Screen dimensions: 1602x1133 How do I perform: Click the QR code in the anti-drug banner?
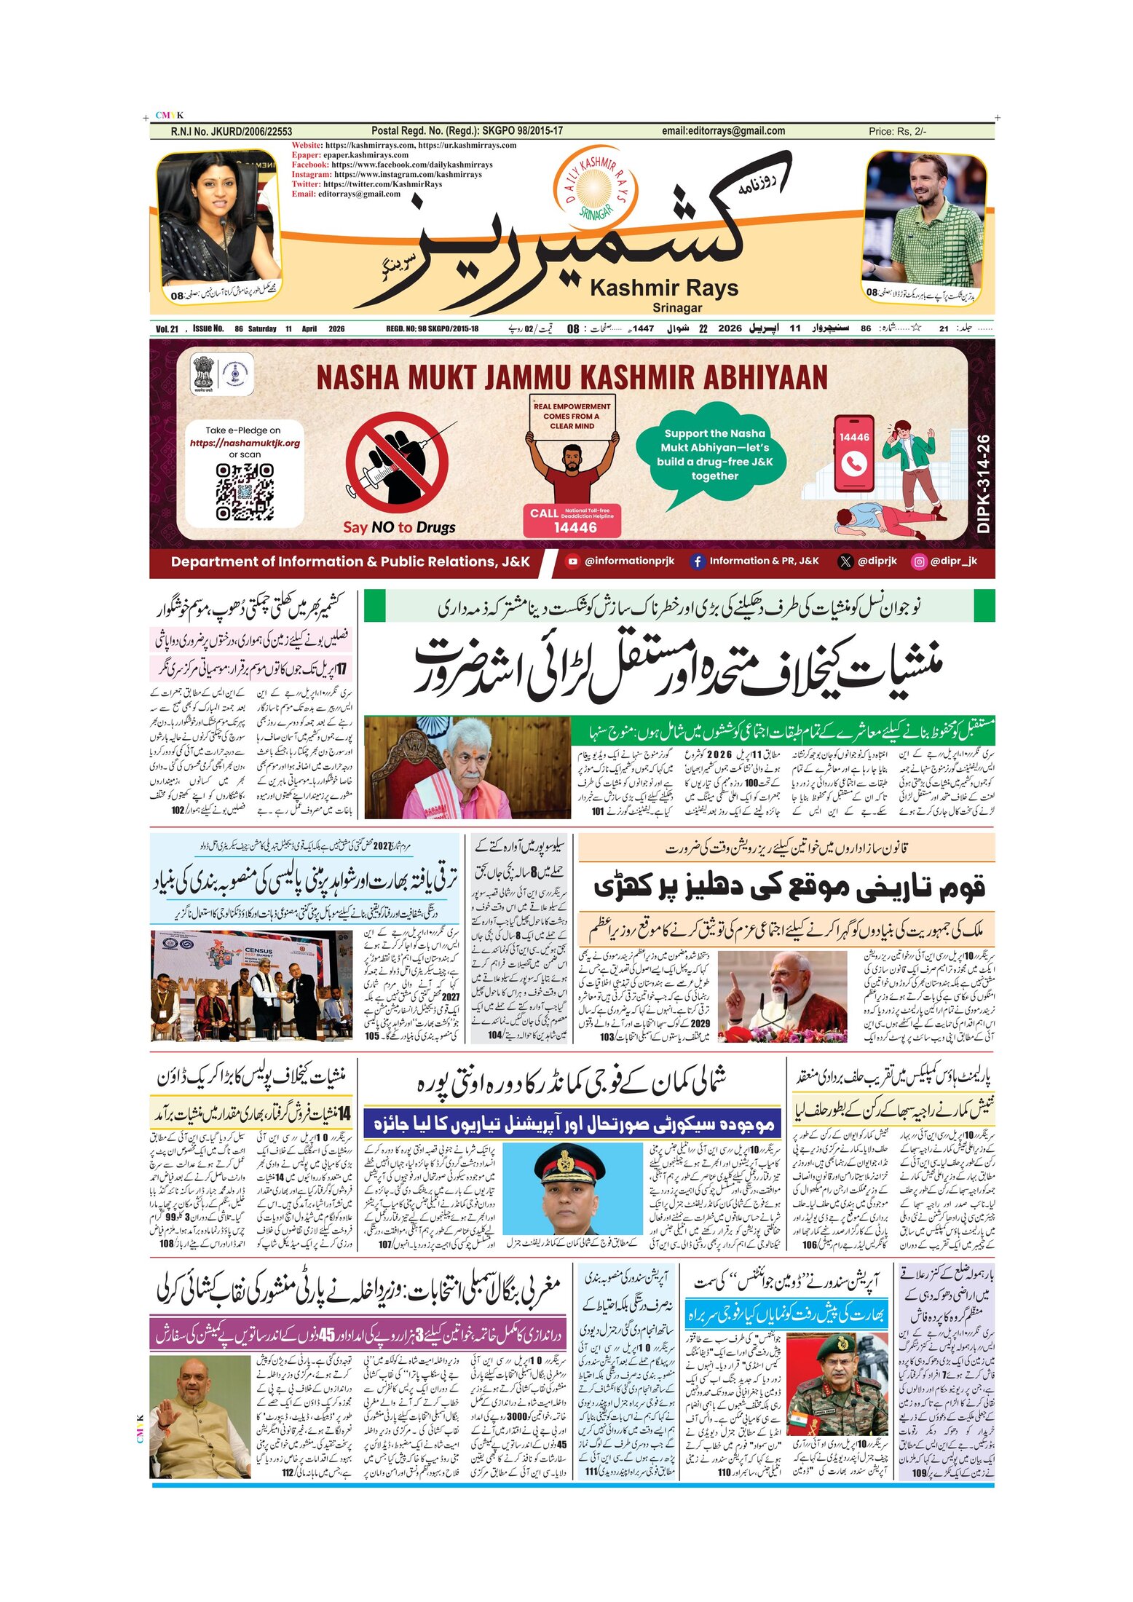245,492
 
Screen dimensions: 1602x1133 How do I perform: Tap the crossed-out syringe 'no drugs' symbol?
397,463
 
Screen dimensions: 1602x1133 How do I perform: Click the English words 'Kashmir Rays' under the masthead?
663,288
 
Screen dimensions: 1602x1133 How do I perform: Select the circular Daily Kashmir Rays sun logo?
596,185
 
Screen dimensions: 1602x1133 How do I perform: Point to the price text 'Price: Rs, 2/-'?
897,132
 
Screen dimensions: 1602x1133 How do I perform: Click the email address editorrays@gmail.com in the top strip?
723,131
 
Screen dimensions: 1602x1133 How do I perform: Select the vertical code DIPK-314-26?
983,484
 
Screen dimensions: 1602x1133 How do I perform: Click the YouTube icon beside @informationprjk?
572,561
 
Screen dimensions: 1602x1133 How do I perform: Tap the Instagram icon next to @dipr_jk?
919,561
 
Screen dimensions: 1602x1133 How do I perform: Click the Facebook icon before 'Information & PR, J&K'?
697,561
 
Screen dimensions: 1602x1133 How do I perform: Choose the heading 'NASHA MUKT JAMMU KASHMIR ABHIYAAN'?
572,378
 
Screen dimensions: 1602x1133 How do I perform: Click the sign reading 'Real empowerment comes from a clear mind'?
572,417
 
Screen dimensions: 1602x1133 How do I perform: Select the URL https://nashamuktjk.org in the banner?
245,443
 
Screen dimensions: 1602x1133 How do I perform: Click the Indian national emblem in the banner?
205,372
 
